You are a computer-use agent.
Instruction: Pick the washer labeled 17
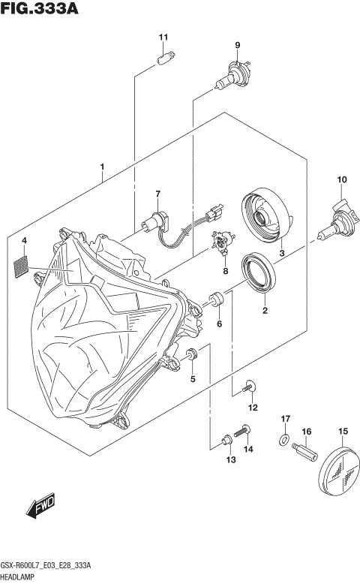tap(284, 439)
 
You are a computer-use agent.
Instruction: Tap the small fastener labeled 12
tap(250, 387)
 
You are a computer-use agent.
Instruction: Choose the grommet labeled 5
tap(191, 354)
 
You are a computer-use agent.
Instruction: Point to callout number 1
tap(102, 167)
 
